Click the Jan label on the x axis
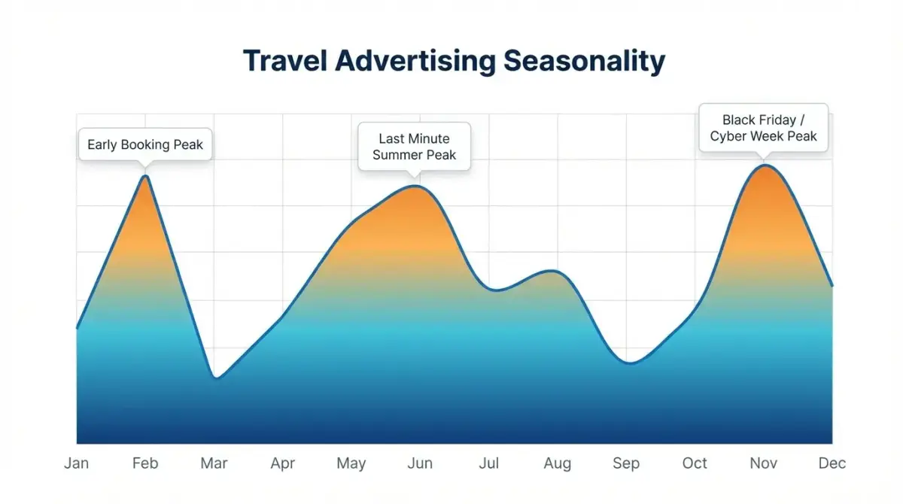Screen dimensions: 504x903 (x=77, y=463)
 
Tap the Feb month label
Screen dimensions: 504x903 (x=145, y=463)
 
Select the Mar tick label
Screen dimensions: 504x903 (x=214, y=463)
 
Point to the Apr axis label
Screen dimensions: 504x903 (x=283, y=463)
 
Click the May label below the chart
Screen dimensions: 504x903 (x=351, y=463)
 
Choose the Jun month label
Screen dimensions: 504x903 (x=420, y=463)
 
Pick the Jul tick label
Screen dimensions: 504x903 (x=489, y=463)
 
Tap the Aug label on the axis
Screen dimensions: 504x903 (x=558, y=463)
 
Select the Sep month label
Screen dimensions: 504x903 (x=626, y=463)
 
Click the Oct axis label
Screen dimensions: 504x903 (x=695, y=463)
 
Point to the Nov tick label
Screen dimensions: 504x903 (x=764, y=463)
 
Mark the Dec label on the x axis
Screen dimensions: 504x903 (x=832, y=463)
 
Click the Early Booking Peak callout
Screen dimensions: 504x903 (x=145, y=144)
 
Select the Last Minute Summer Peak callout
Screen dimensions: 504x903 (x=414, y=147)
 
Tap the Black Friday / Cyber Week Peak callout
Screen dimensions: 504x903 (x=764, y=128)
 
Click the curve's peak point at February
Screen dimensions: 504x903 (x=146, y=176)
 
